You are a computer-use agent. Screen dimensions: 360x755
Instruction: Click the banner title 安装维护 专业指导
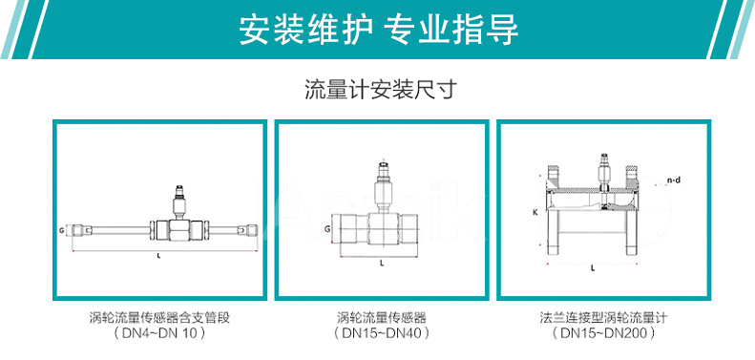[x=378, y=30]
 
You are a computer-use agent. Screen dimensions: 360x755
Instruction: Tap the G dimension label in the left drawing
[x=61, y=230]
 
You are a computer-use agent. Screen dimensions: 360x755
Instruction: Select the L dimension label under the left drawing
[x=159, y=257]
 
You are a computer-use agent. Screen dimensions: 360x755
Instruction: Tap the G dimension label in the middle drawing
[x=327, y=230]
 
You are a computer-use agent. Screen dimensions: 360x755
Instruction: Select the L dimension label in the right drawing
[x=593, y=269]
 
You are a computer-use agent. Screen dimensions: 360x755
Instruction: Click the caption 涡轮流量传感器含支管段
[x=159, y=316]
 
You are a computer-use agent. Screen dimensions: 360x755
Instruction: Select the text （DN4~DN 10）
[x=159, y=334]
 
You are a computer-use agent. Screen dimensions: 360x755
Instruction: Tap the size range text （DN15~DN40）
[x=381, y=334]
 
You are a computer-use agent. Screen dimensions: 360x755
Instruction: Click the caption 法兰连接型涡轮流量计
[x=601, y=316]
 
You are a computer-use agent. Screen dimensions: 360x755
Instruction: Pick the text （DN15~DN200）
[x=601, y=334]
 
